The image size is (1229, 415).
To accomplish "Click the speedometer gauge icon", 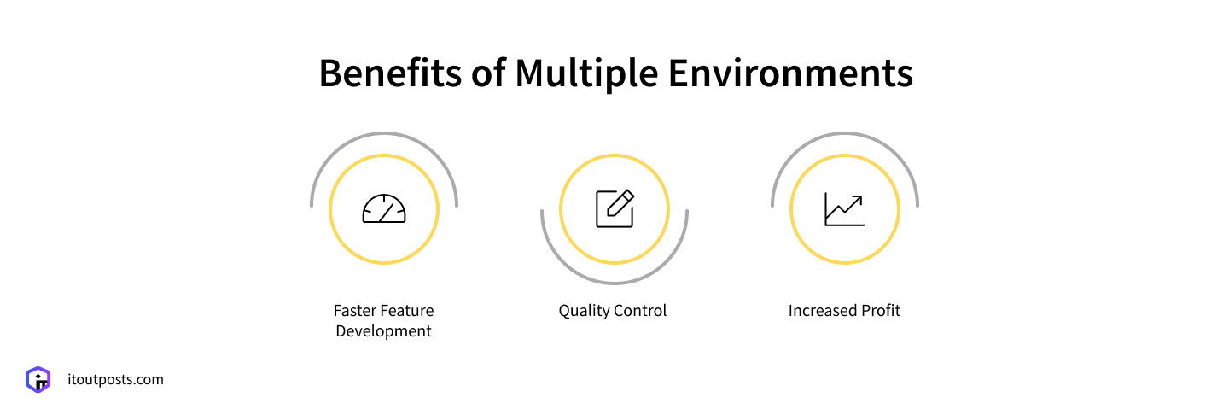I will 384,209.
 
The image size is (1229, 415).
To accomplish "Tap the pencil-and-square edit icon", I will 614,209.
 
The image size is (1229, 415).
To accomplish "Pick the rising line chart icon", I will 845,209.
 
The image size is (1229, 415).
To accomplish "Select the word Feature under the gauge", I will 407,311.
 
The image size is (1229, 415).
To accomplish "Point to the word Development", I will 384,331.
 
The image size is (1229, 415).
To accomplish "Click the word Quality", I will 585,311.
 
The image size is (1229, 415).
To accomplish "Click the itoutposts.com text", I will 115,379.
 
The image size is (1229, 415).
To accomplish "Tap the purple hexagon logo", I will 38,379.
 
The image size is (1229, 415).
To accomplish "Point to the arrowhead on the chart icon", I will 858,199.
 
